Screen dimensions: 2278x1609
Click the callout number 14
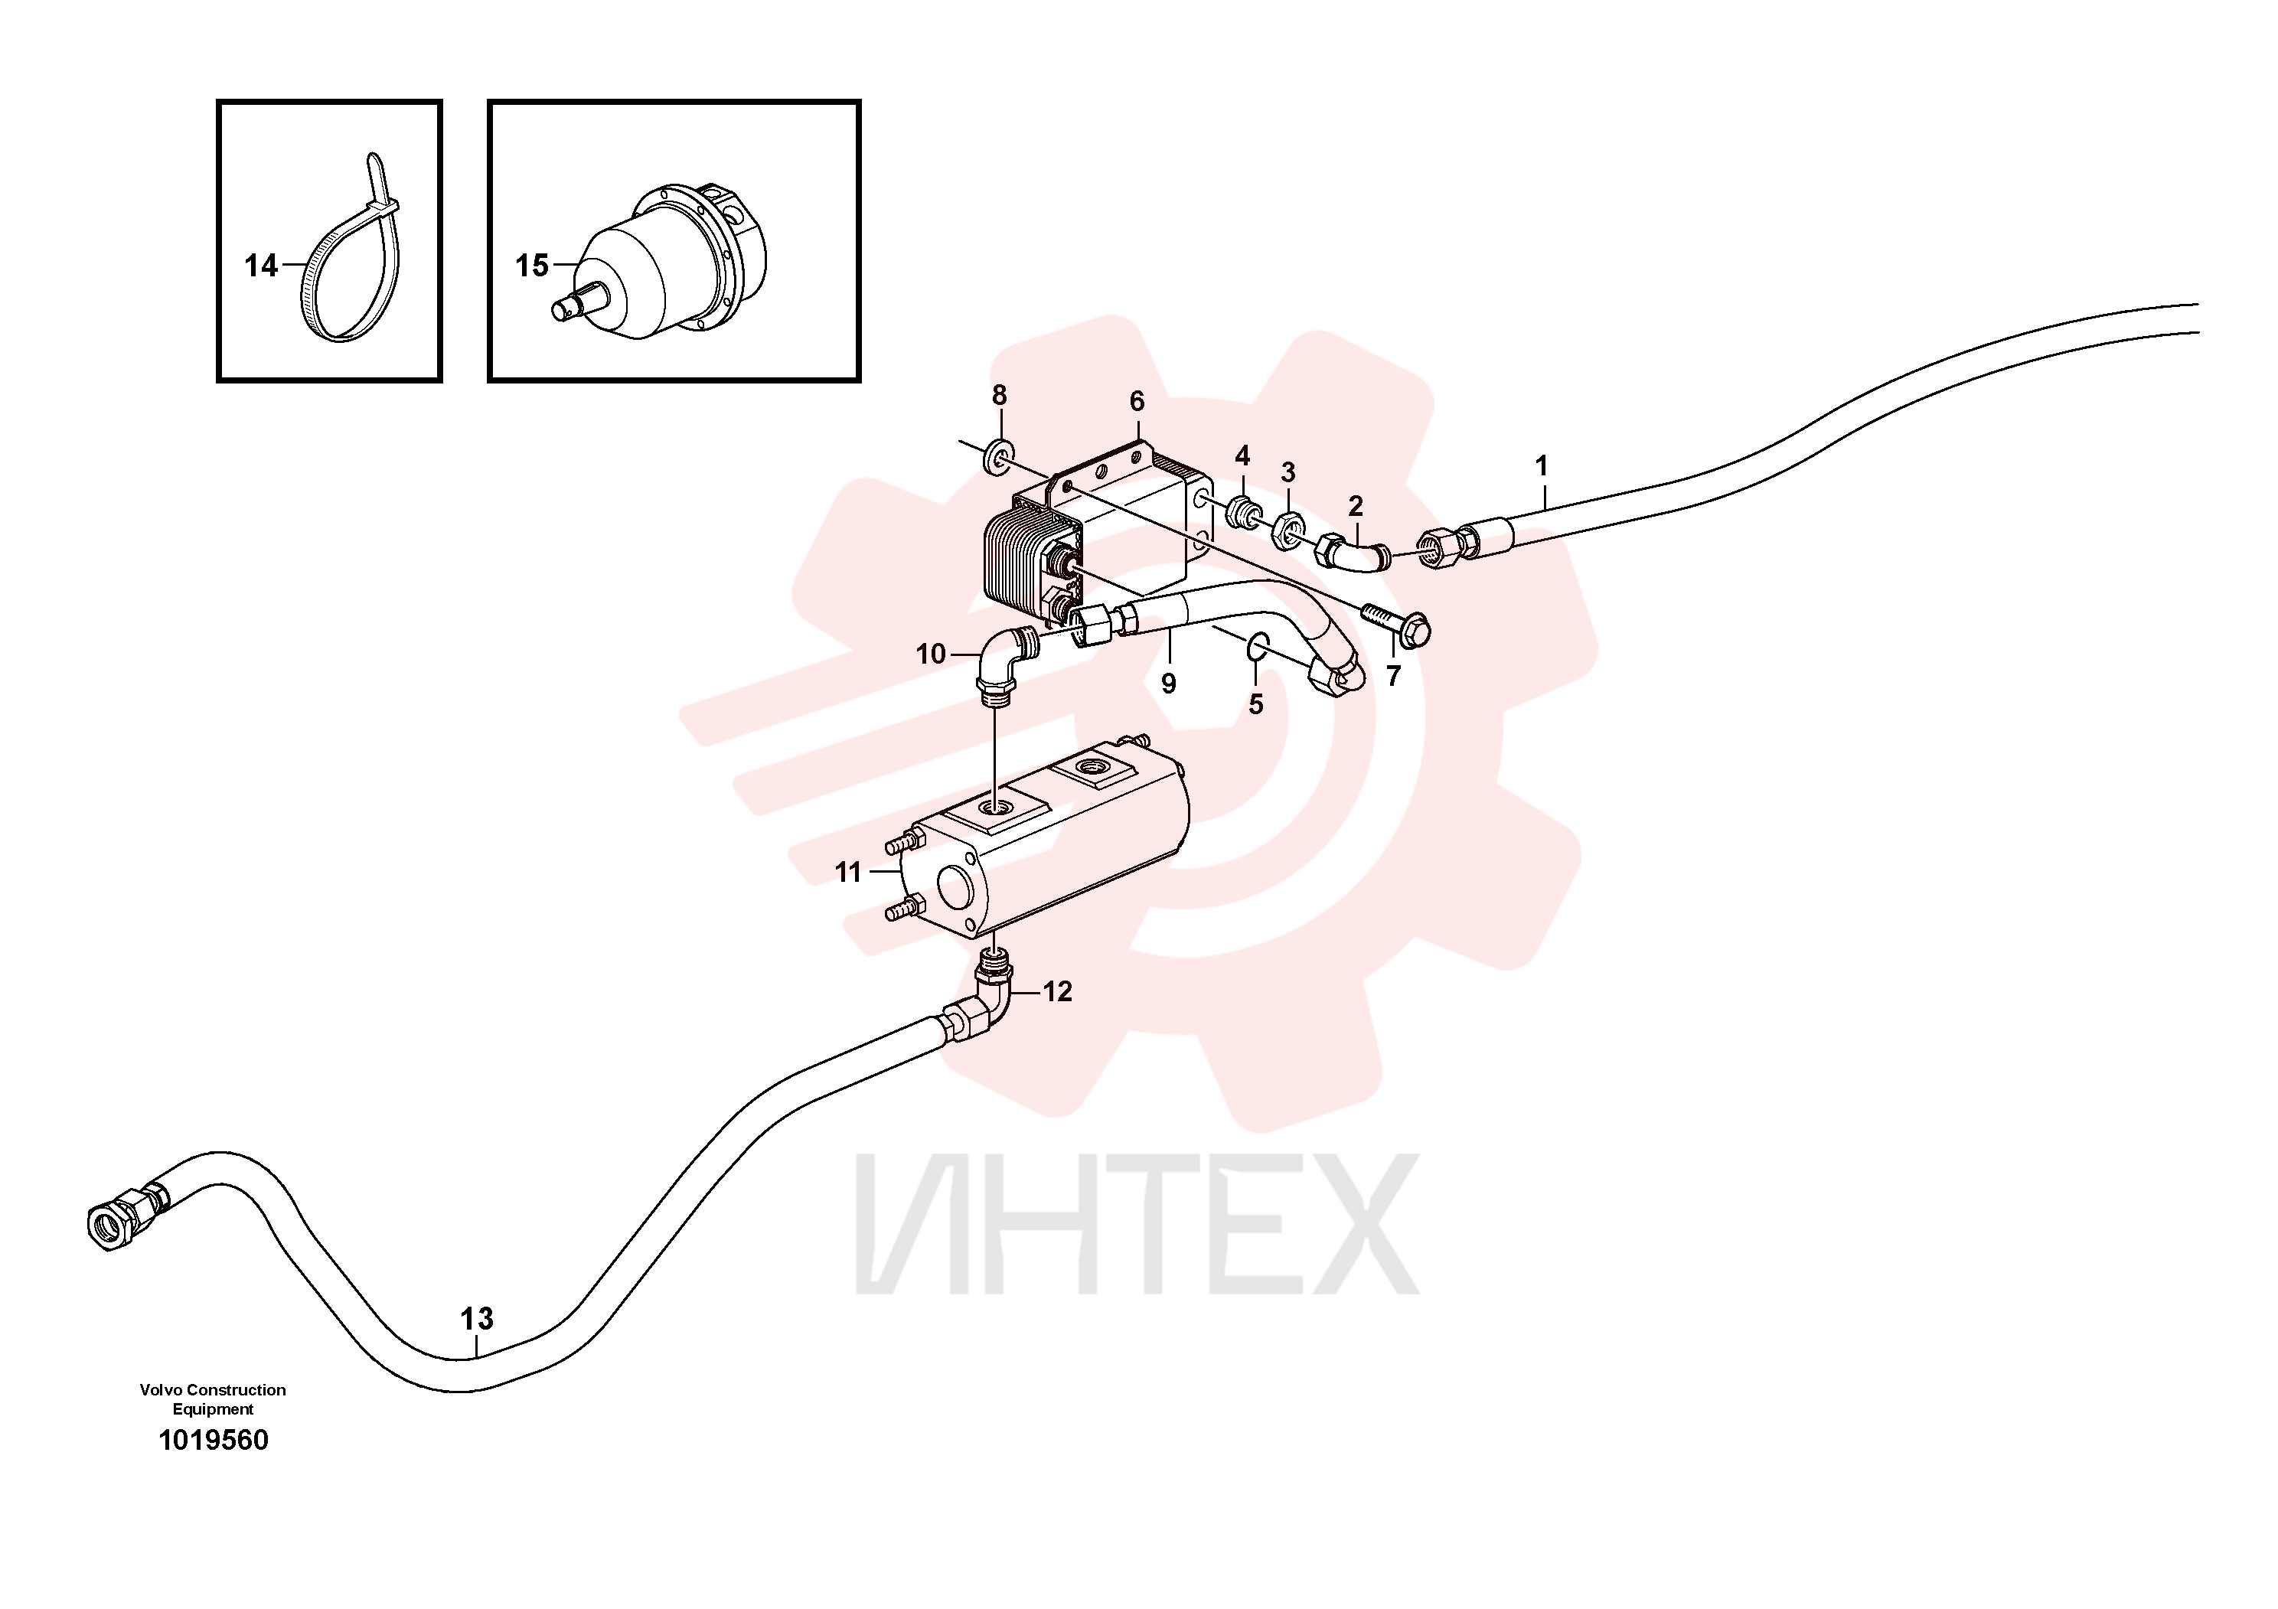point(261,266)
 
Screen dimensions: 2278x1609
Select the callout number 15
point(532,266)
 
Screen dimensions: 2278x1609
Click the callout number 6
point(1137,402)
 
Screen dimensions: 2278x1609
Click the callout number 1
point(1542,465)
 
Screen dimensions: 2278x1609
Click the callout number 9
point(1169,684)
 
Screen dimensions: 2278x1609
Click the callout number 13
point(477,1318)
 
